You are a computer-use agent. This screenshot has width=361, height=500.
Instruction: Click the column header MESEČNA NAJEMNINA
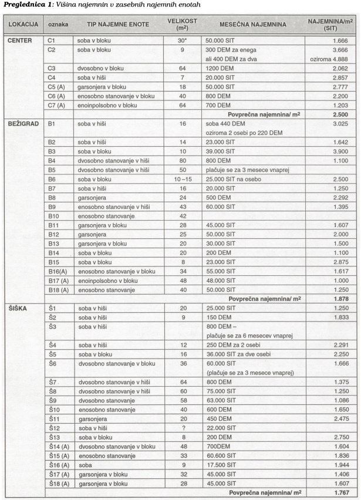(x=253, y=25)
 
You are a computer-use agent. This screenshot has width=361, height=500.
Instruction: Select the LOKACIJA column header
(x=23, y=25)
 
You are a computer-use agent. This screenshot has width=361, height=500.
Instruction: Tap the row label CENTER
(x=20, y=41)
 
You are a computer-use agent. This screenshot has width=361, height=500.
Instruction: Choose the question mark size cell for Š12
(x=183, y=428)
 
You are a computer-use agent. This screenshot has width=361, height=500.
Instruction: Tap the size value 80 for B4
(x=183, y=160)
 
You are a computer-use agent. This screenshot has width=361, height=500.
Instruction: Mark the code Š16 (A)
(x=59, y=465)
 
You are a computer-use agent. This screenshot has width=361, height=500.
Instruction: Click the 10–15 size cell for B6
(x=183, y=179)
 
